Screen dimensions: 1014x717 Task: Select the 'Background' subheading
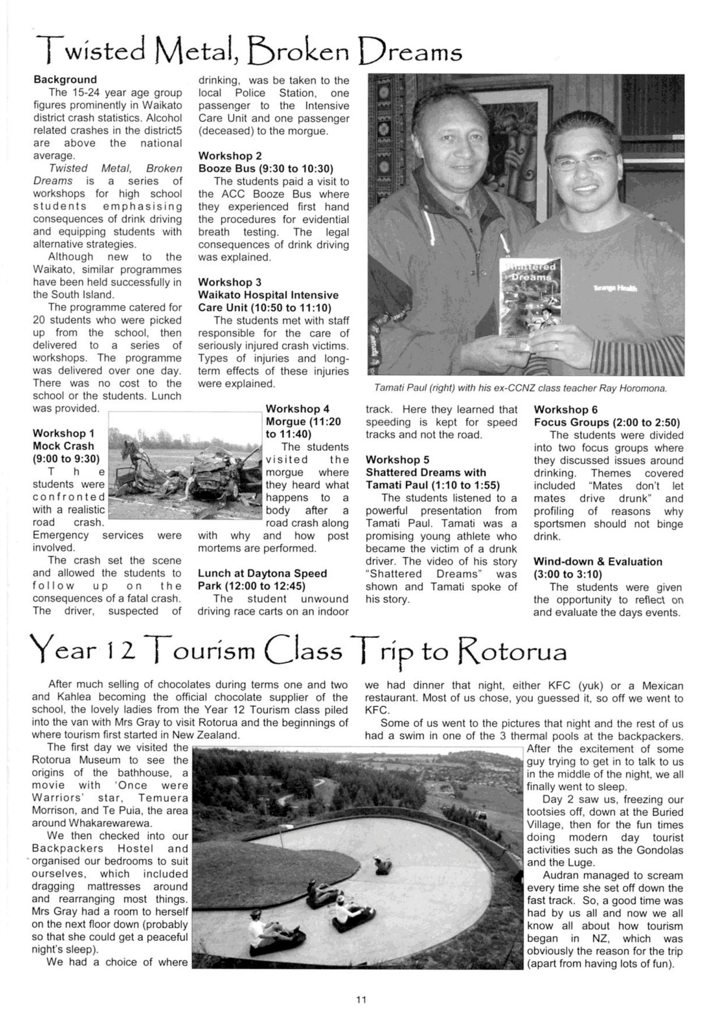[65, 79]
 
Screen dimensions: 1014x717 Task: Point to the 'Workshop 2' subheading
[230, 155]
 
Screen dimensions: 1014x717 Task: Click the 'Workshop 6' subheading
[565, 410]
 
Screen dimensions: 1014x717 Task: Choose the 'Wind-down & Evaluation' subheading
[597, 562]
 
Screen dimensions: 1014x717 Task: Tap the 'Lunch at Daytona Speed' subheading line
[262, 573]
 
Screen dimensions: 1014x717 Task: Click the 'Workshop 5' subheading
[397, 460]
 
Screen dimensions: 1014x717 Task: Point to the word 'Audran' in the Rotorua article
[562, 875]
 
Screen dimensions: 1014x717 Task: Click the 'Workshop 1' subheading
[64, 433]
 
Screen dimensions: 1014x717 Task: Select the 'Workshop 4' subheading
[297, 409]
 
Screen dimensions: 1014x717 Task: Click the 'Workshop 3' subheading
[230, 282]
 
